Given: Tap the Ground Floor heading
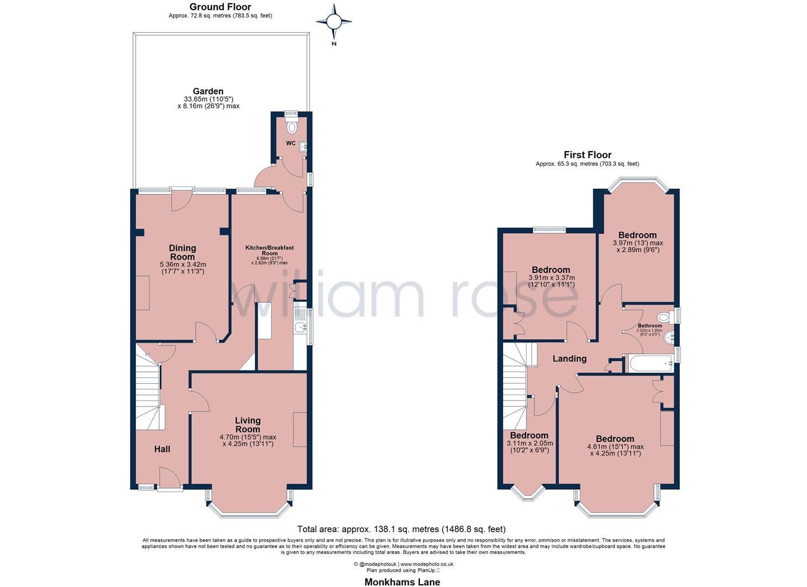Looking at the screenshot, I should [220, 7].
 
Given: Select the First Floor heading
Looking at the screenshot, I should [587, 155].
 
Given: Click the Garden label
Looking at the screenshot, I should [208, 91].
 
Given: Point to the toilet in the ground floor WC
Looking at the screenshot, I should [292, 127].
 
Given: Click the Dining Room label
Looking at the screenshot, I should [182, 252].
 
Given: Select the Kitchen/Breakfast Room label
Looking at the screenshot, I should [269, 250].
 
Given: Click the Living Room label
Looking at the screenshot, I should [247, 424].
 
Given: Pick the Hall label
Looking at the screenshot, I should [162, 449].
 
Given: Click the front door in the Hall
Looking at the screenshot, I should [170, 478].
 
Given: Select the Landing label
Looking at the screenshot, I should [569, 359].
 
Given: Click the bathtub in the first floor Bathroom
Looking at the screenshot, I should [649, 364].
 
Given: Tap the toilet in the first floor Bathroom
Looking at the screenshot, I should [664, 317].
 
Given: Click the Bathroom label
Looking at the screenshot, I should [649, 326].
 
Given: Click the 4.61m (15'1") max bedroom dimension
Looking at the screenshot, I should [615, 447].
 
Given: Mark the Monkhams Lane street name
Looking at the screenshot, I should [402, 582].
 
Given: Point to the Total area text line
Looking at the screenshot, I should [402, 529].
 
